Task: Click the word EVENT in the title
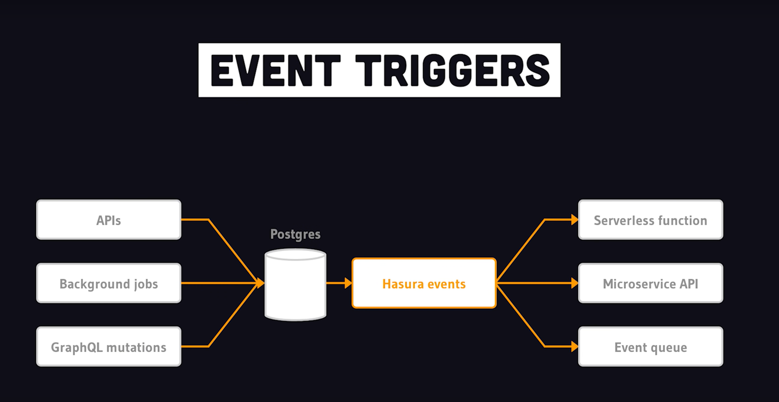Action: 276,71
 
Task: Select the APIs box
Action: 109,220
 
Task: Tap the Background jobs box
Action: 109,283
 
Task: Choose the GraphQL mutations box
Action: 109,347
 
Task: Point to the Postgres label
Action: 295,234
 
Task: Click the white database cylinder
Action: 295,286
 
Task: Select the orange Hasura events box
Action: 424,283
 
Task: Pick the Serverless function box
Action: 650,220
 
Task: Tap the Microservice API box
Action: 650,283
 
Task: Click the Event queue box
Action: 650,347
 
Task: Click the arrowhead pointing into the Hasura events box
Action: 348,283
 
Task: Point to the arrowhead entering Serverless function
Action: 575,220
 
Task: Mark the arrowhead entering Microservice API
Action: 575,283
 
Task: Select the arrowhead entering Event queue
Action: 575,347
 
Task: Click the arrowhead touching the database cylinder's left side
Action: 261,283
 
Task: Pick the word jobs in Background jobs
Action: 146,285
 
